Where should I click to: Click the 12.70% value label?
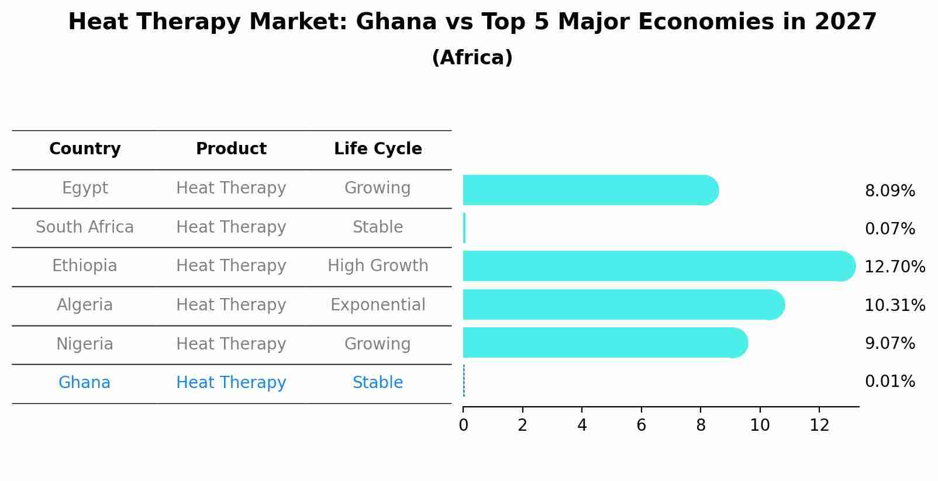pyautogui.click(x=895, y=267)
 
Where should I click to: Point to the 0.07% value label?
pyautogui.click(x=889, y=229)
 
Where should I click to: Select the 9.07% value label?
pyautogui.click(x=889, y=343)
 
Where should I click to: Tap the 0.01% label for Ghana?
pyautogui.click(x=889, y=382)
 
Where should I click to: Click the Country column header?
pyautogui.click(x=85, y=149)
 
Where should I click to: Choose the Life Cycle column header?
pyautogui.click(x=378, y=149)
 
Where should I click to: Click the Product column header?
pyautogui.click(x=231, y=149)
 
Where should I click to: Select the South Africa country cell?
pyautogui.click(x=85, y=227)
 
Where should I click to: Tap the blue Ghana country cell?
pyautogui.click(x=84, y=383)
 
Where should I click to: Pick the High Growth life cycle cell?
pyautogui.click(x=378, y=266)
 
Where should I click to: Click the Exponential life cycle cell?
pyautogui.click(x=378, y=305)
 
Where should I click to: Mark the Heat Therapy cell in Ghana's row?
pyautogui.click(x=231, y=383)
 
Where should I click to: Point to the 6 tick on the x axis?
pyautogui.click(x=641, y=425)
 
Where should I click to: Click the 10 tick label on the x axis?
pyautogui.click(x=760, y=425)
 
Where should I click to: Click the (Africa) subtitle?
pyautogui.click(x=472, y=57)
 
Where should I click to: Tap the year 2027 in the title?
pyautogui.click(x=845, y=22)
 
